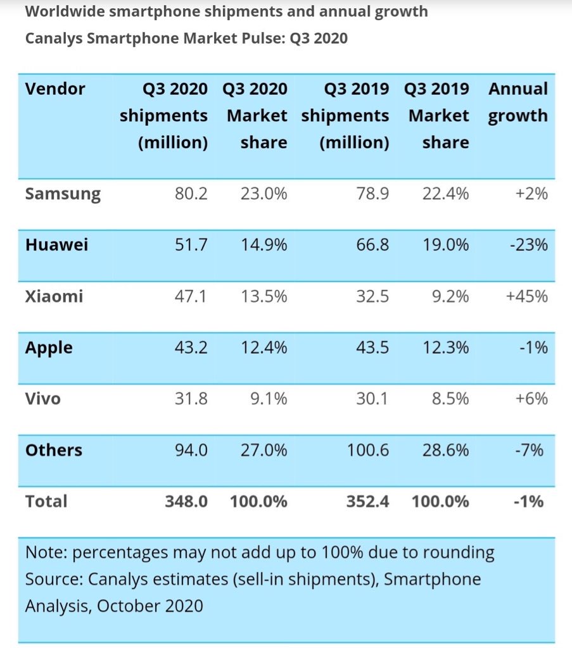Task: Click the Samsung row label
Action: (x=63, y=194)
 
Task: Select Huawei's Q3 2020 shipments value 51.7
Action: (x=191, y=245)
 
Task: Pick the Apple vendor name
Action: (x=49, y=347)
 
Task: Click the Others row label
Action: (x=54, y=450)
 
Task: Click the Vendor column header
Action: (x=55, y=89)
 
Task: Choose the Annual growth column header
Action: (x=518, y=103)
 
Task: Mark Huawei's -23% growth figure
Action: (x=528, y=245)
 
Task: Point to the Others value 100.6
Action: (x=367, y=450)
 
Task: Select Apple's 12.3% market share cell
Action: (x=446, y=347)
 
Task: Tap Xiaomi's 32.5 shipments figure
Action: (x=372, y=296)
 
